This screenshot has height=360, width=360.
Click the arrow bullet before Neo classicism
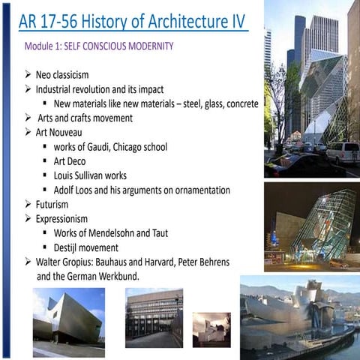(28, 75)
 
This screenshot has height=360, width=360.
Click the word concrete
(239, 103)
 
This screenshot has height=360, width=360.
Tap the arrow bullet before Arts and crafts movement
(28, 118)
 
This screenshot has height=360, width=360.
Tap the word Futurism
(52, 204)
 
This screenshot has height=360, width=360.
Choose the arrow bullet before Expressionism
(28, 218)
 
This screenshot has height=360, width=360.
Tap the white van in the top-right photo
(341, 152)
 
